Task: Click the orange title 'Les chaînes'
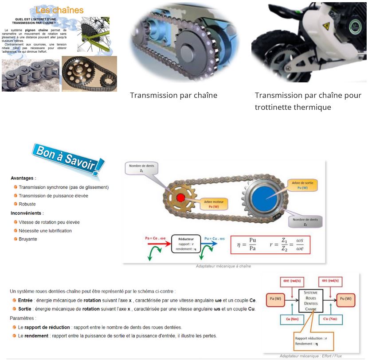[x=59, y=10]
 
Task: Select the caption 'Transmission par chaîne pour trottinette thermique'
[x=308, y=101]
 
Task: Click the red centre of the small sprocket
[x=180, y=197]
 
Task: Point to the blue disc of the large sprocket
[x=261, y=198]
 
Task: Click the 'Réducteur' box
[x=186, y=244]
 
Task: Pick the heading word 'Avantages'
[x=23, y=178]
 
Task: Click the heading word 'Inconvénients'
[x=27, y=213]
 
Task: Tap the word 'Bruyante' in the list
[x=28, y=239]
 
